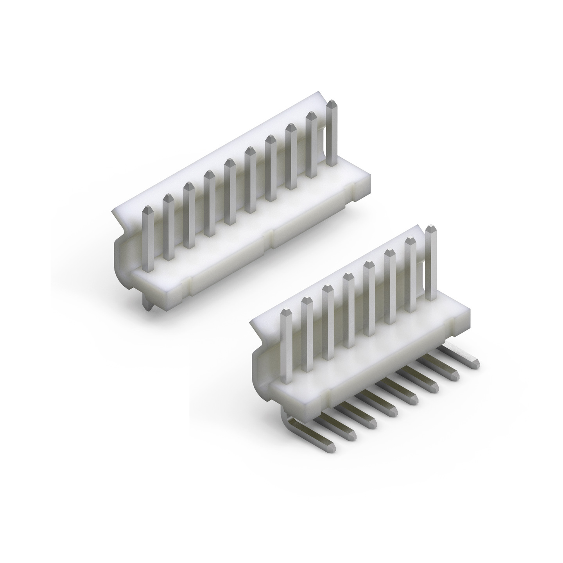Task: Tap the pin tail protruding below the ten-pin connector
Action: (x=147, y=305)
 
